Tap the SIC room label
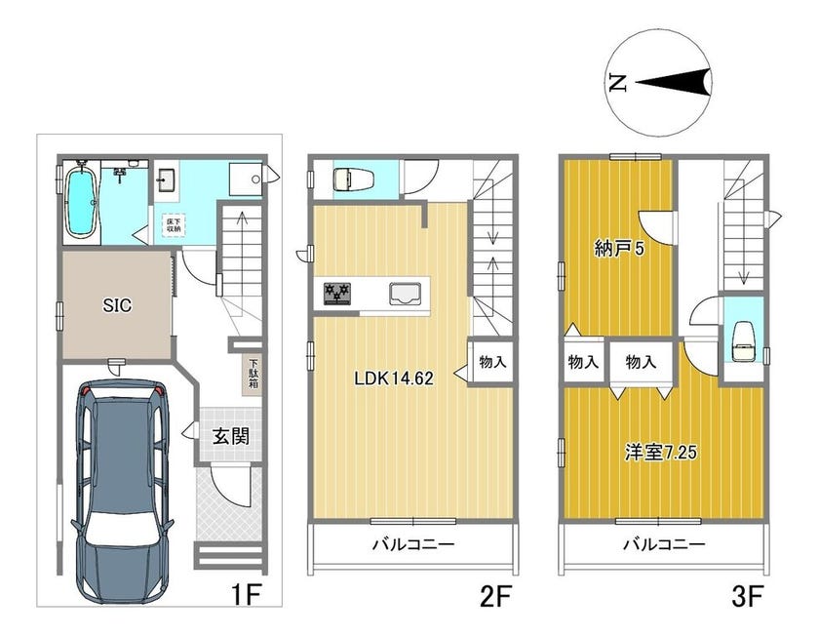point(117,305)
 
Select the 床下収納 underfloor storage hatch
point(174,225)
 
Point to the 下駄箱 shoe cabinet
point(253,375)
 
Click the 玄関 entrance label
point(230,435)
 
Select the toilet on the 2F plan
point(353,179)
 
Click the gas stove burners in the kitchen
point(337,293)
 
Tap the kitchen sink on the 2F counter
point(406,294)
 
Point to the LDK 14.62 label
point(394,378)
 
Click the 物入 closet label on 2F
point(492,361)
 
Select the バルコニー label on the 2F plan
point(413,545)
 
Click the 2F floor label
point(493,596)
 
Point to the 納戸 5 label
point(619,248)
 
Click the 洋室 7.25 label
point(661,452)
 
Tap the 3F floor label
point(748,596)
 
